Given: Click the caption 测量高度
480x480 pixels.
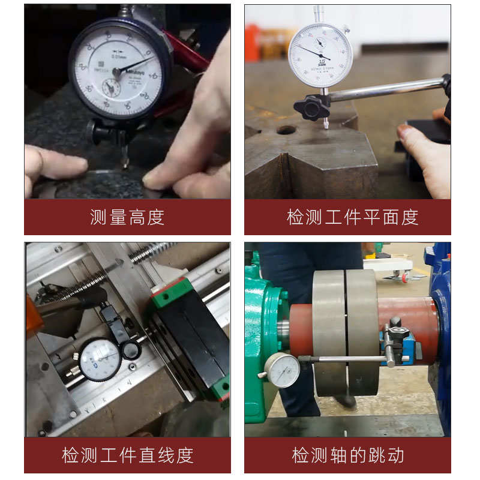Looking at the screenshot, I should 127,217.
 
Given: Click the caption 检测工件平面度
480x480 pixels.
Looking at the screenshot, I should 352,217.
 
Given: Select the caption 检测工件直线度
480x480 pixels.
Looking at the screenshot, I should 127,455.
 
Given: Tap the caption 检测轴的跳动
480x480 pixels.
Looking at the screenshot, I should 347,455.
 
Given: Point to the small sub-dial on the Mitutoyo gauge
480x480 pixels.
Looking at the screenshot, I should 110,88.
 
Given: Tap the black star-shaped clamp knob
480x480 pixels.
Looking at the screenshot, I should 312,107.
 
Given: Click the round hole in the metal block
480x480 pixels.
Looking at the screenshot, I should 286,130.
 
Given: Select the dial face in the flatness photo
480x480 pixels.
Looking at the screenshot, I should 320,55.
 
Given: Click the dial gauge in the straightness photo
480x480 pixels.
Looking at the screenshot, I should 100,359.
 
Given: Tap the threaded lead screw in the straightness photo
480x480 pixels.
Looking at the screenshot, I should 150,251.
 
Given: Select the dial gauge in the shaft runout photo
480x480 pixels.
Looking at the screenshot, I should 282,370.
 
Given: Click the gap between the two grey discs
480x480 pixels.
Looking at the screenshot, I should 346,330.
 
